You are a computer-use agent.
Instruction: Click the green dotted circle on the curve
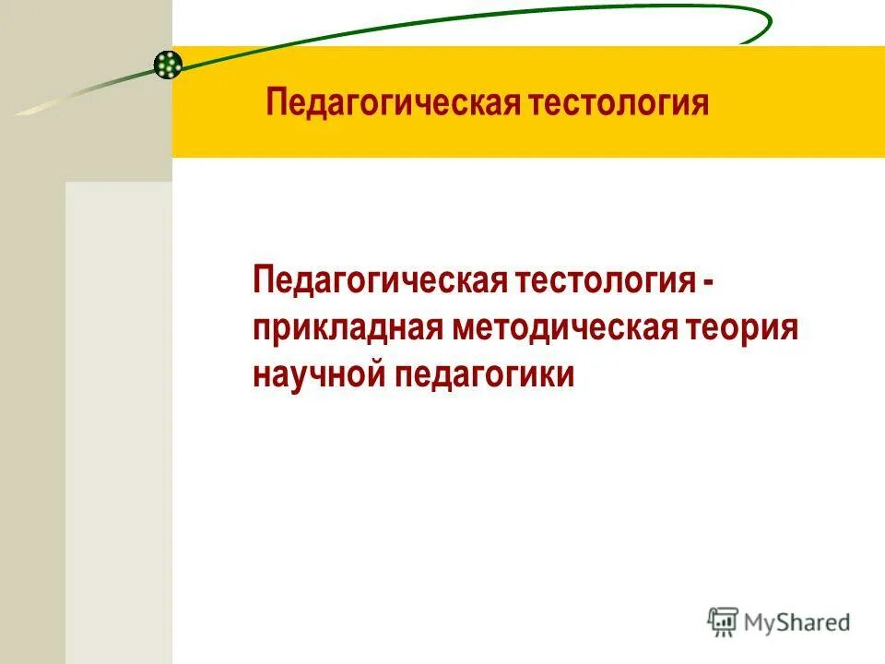click(x=168, y=64)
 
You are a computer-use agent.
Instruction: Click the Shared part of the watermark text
click(x=814, y=623)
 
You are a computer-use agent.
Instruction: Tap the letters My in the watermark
click(x=761, y=623)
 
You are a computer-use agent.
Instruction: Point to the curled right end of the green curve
click(x=763, y=28)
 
